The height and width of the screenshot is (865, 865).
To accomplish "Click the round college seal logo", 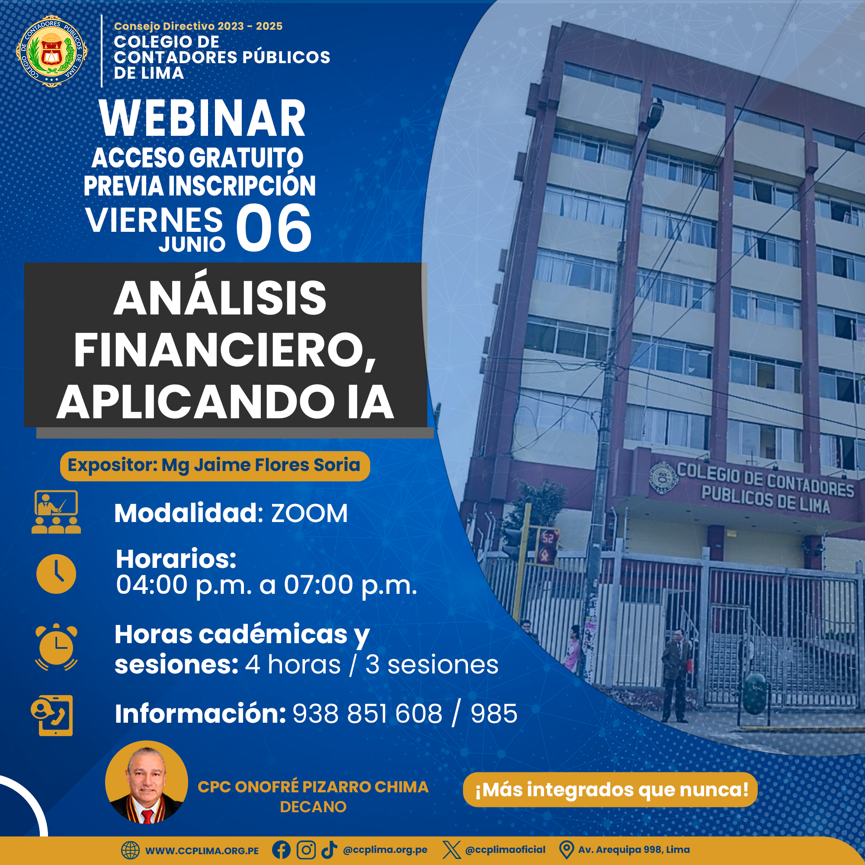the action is tap(51, 51).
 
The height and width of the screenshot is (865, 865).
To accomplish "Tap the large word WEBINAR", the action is tap(202, 118).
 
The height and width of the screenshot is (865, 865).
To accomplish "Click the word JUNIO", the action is tap(192, 244).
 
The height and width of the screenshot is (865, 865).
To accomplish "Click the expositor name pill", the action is tap(215, 466).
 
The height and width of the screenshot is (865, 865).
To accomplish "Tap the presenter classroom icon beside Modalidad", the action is tap(56, 512).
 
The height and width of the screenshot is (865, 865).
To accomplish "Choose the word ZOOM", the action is tap(309, 513).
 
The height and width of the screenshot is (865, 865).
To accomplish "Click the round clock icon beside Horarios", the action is tap(56, 574).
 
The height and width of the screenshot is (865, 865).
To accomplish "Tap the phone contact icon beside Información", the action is tap(52, 715).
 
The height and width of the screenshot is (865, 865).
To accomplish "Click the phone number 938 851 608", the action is tap(368, 714).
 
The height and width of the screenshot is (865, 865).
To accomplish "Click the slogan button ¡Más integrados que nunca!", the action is tap(610, 789).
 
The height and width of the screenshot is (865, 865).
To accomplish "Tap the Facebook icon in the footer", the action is tap(281, 850).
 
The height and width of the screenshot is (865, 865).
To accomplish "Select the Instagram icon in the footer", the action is tap(306, 850).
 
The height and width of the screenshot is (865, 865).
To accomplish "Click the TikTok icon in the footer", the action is tap(329, 850).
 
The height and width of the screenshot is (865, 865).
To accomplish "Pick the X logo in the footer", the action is tap(451, 850).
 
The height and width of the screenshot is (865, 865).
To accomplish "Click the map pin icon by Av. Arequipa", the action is tap(567, 850).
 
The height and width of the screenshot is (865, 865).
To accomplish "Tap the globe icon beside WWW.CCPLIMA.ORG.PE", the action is tap(130, 850).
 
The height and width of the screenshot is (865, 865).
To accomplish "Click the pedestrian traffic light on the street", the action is tap(547, 548).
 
